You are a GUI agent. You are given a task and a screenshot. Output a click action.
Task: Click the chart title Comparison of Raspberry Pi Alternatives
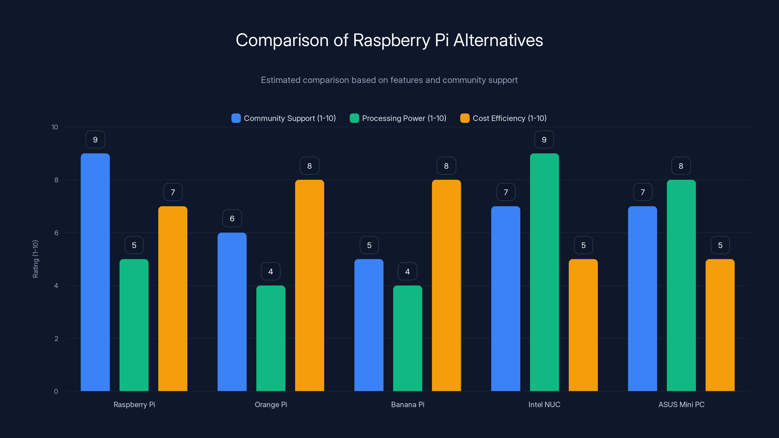pyautogui.click(x=389, y=40)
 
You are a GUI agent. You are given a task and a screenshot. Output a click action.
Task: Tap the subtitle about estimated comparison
pyautogui.click(x=389, y=80)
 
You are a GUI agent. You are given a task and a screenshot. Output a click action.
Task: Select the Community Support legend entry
pyautogui.click(x=283, y=118)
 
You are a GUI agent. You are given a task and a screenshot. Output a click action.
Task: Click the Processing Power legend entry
pyautogui.click(x=398, y=118)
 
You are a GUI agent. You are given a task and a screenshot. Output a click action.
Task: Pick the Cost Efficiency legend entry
pyautogui.click(x=503, y=118)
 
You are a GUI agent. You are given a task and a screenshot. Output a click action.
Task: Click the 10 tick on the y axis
pyautogui.click(x=55, y=127)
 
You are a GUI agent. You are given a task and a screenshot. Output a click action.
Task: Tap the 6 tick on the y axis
pyautogui.click(x=56, y=233)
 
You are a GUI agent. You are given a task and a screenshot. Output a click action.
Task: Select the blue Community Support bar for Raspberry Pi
pyautogui.click(x=95, y=272)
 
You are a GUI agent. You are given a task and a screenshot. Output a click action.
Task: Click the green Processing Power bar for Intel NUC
pyautogui.click(x=544, y=272)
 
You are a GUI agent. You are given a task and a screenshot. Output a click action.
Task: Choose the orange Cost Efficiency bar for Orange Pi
pyautogui.click(x=309, y=285)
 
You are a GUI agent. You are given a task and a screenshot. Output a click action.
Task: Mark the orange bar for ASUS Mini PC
pyautogui.click(x=720, y=325)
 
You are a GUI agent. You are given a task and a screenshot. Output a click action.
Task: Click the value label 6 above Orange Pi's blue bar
pyautogui.click(x=232, y=219)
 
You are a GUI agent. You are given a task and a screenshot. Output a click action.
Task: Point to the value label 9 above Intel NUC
pyautogui.click(x=544, y=140)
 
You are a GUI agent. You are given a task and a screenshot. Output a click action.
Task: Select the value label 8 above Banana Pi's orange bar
pyautogui.click(x=446, y=166)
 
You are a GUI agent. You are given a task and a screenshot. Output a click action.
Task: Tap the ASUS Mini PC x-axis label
pyautogui.click(x=681, y=404)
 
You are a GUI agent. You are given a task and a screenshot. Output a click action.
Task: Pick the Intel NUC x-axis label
pyautogui.click(x=544, y=404)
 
